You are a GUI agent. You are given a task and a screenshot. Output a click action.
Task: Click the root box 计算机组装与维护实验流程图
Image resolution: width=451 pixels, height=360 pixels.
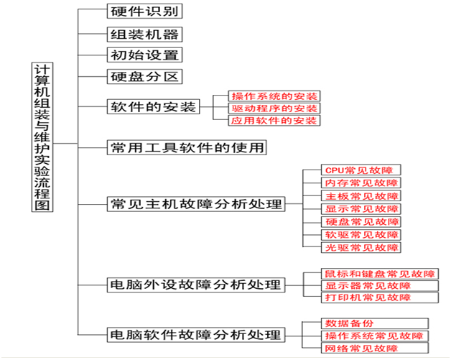[x=43, y=137]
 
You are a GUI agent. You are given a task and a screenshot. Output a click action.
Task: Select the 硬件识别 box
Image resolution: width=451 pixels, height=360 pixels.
[x=144, y=11]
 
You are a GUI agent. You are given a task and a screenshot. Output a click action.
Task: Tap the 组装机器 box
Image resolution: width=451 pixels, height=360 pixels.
[x=144, y=34]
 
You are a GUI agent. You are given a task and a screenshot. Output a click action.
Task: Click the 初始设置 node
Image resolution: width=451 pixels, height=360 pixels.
[x=144, y=55]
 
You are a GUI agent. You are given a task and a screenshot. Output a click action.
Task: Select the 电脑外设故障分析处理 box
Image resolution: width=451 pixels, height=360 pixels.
[x=194, y=285]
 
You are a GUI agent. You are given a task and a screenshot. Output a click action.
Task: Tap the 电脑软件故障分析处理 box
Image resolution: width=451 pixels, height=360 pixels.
[x=194, y=335]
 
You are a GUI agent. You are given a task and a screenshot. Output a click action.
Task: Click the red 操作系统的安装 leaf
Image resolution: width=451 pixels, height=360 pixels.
[x=274, y=96]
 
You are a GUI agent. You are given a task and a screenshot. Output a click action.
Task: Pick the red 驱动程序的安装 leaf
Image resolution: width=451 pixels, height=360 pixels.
[x=274, y=109]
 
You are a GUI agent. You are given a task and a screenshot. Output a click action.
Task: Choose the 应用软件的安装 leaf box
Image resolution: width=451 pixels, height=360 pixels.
[x=274, y=121]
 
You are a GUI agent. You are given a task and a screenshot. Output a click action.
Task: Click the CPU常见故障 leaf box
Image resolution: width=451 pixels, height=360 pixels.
[x=360, y=170]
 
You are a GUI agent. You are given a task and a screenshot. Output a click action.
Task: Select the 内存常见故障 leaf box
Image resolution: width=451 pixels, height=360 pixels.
[x=360, y=183]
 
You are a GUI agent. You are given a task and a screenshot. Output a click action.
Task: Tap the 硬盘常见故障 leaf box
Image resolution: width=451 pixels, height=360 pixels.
[x=360, y=222]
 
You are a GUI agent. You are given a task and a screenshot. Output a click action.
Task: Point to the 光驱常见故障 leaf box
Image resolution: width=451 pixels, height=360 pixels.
[x=360, y=247]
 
